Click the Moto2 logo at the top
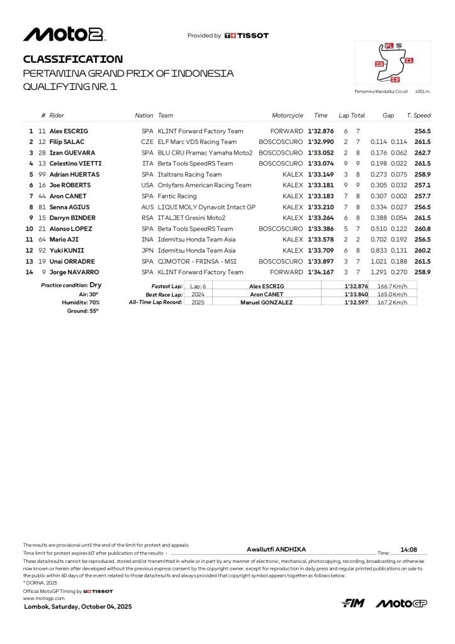pos(64,35)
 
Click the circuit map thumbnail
pos(393,63)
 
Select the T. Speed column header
pos(418,116)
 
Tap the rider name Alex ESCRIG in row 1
pos(70,131)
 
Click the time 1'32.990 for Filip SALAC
pos(321,142)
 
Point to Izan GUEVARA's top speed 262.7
pos(422,153)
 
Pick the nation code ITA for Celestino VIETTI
pos(147,164)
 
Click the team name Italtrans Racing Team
pos(189,174)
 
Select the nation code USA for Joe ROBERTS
pos(147,185)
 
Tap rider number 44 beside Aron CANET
pos(42,196)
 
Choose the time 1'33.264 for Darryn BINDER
pos(321,218)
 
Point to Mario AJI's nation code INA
pos(147,240)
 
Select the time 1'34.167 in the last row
pos(321,272)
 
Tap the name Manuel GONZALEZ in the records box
pos(266,303)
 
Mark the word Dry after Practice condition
pos(96,285)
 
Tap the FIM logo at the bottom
pos(353,604)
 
